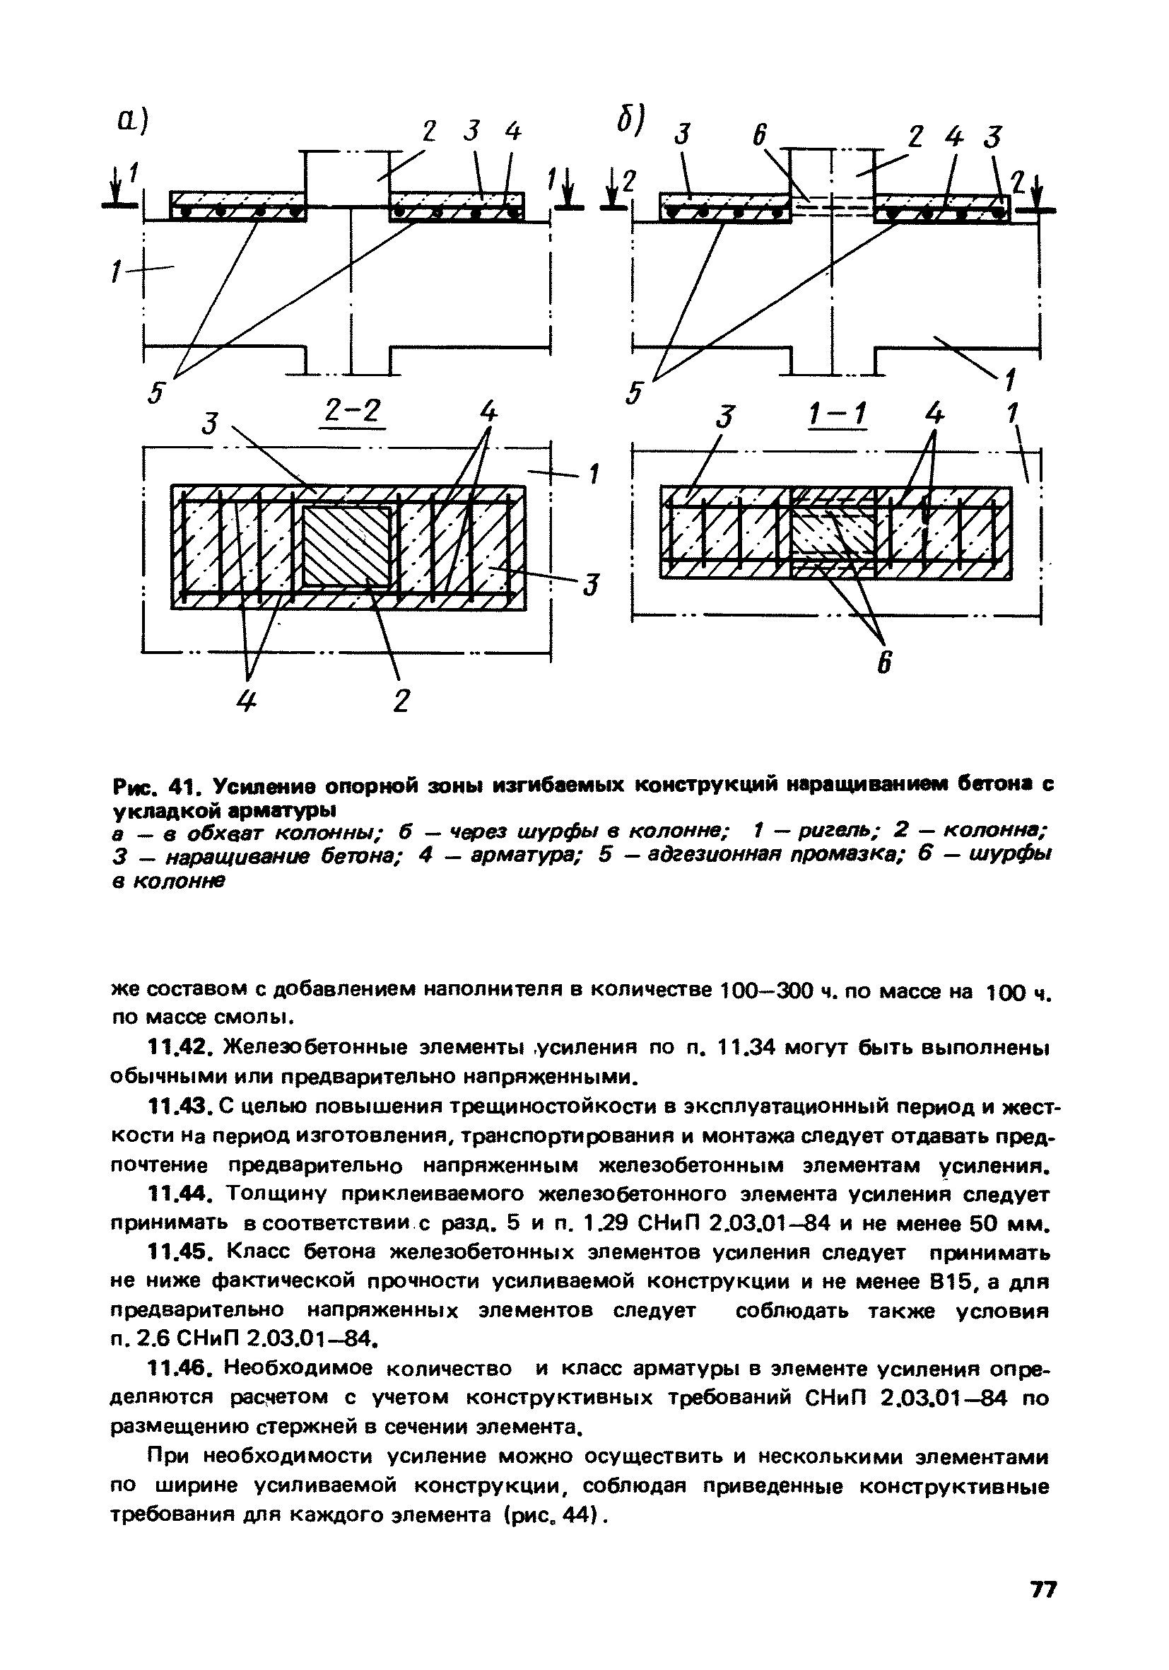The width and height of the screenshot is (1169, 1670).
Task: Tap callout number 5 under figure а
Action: pyautogui.click(x=155, y=394)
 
